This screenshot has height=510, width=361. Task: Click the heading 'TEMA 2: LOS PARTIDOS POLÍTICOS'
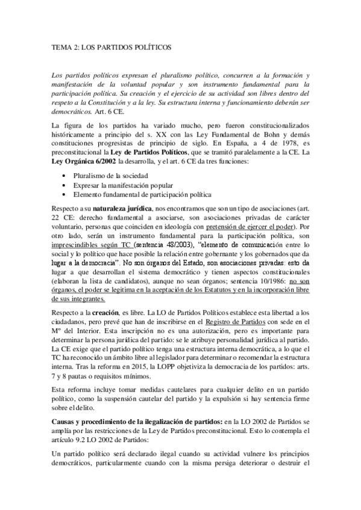pyautogui.click(x=103, y=46)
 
